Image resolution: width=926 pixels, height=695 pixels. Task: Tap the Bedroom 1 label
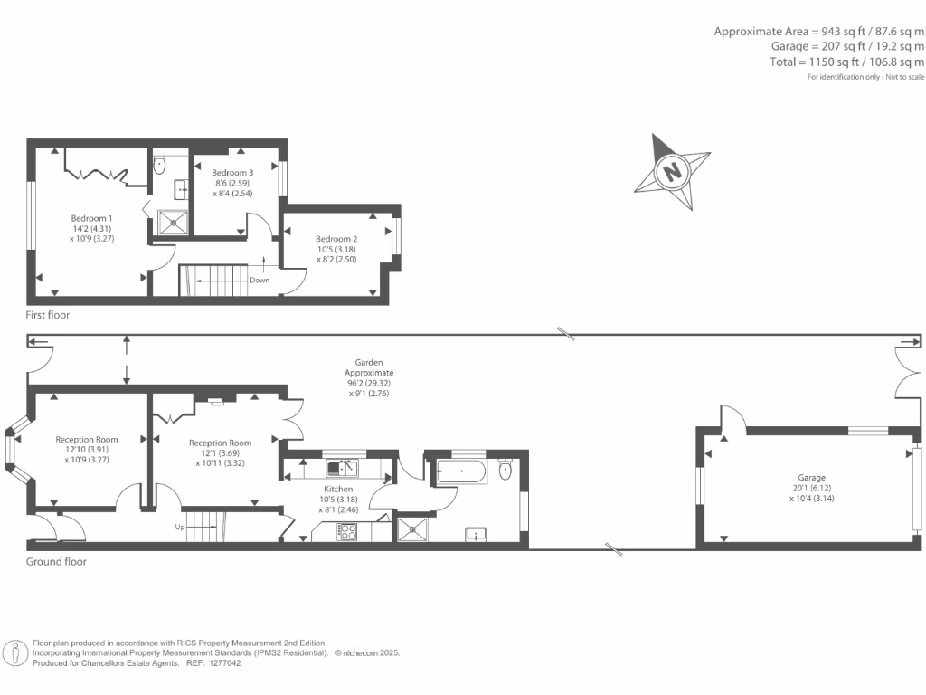92,218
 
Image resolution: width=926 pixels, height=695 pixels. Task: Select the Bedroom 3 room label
232,172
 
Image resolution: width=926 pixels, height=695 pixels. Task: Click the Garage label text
811,477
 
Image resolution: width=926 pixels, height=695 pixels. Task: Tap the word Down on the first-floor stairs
260,280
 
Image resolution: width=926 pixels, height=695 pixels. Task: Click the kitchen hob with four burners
346,532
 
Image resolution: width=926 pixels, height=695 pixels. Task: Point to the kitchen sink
342,468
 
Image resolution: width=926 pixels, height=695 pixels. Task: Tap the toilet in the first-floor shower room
160,165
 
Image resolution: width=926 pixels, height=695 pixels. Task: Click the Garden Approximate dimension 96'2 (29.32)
369,383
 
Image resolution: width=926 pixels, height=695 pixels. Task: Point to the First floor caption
48,316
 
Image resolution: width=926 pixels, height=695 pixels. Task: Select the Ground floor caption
56,561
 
